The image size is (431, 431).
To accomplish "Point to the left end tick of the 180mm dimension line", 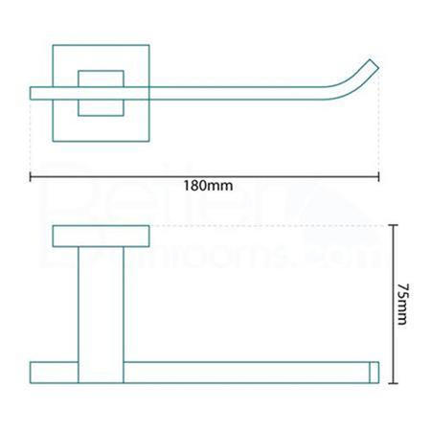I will tap(31, 175).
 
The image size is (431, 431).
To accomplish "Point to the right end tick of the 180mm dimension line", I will tap(380, 175).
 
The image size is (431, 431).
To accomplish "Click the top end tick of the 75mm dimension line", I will tap(393, 226).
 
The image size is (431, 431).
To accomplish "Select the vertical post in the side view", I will tap(101, 304).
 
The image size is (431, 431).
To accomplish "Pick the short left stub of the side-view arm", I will tap(54, 373).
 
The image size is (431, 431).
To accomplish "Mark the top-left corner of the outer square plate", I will tap(53, 44).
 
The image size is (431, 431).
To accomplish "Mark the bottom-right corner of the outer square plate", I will tap(149, 141).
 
